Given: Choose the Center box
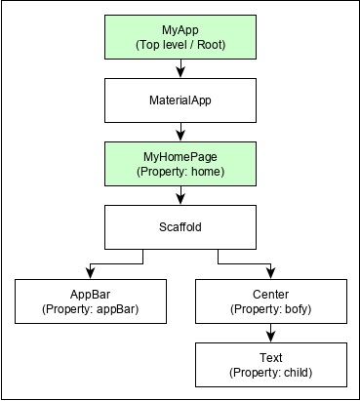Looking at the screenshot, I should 271,301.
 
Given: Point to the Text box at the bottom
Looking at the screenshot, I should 271,365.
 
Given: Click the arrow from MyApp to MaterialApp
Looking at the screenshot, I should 180,68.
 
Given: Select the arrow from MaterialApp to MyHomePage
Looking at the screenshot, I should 180,132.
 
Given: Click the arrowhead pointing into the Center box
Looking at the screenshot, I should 271,273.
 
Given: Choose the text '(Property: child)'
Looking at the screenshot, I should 271,373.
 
